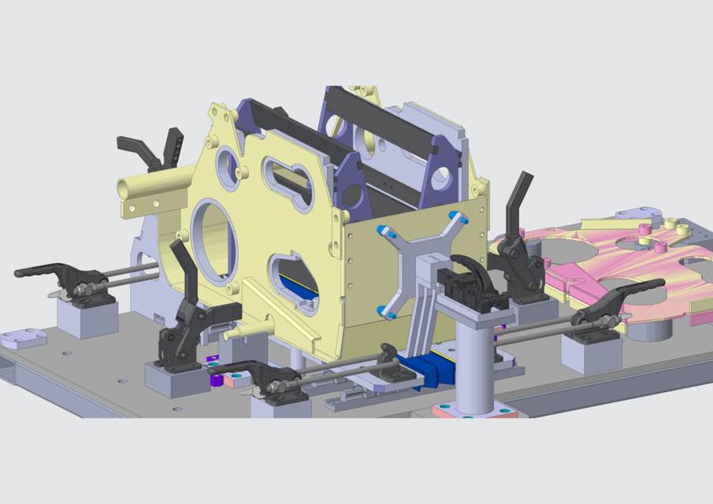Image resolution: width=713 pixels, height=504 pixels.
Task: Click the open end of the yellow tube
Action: pyautogui.click(x=125, y=188)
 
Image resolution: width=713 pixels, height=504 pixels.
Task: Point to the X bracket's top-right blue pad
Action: pyautogui.click(x=455, y=216)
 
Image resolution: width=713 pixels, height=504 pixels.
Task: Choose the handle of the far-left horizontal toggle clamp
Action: pyautogui.click(x=38, y=271)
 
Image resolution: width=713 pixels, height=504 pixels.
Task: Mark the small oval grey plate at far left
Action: pyautogui.click(x=24, y=339)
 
